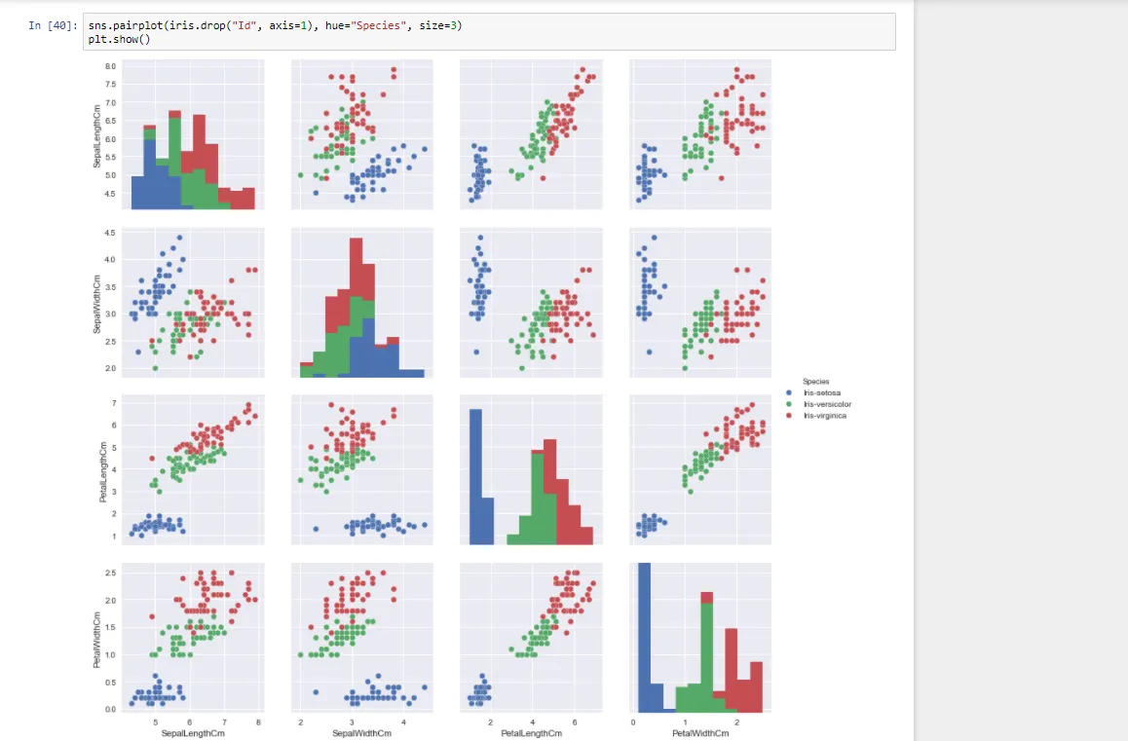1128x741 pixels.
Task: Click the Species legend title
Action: point(815,381)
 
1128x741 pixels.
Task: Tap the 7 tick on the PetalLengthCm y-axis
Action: point(114,402)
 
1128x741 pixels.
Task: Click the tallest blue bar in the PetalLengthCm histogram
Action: point(476,477)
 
